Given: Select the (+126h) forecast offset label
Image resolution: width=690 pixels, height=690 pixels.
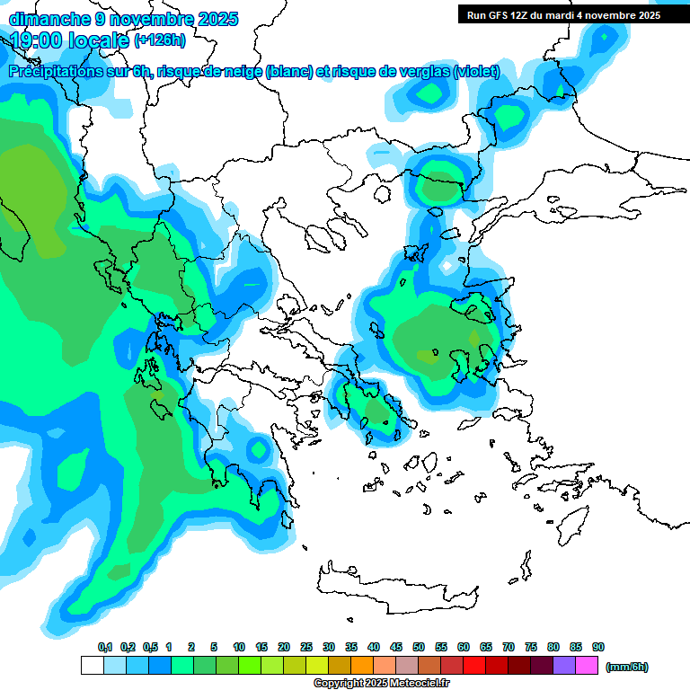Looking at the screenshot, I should point(160,40).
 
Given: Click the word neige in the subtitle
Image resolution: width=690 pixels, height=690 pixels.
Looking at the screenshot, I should point(242,71).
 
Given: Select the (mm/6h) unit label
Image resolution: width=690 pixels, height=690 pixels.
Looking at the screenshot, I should point(626,667).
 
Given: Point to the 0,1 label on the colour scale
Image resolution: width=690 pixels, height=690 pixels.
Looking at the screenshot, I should point(104,648).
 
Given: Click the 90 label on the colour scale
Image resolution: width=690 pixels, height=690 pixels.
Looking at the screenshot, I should point(598,648).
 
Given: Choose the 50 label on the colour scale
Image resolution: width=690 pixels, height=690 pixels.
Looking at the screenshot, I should point(419,648).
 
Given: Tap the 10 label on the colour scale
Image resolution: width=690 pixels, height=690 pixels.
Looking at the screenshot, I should point(239,648).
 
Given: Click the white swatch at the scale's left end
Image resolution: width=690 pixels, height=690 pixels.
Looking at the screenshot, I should point(93,666).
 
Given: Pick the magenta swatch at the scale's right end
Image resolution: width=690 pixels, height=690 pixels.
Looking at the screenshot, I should point(588,666).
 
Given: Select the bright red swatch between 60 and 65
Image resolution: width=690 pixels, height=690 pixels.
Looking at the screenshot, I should point(474,666).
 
